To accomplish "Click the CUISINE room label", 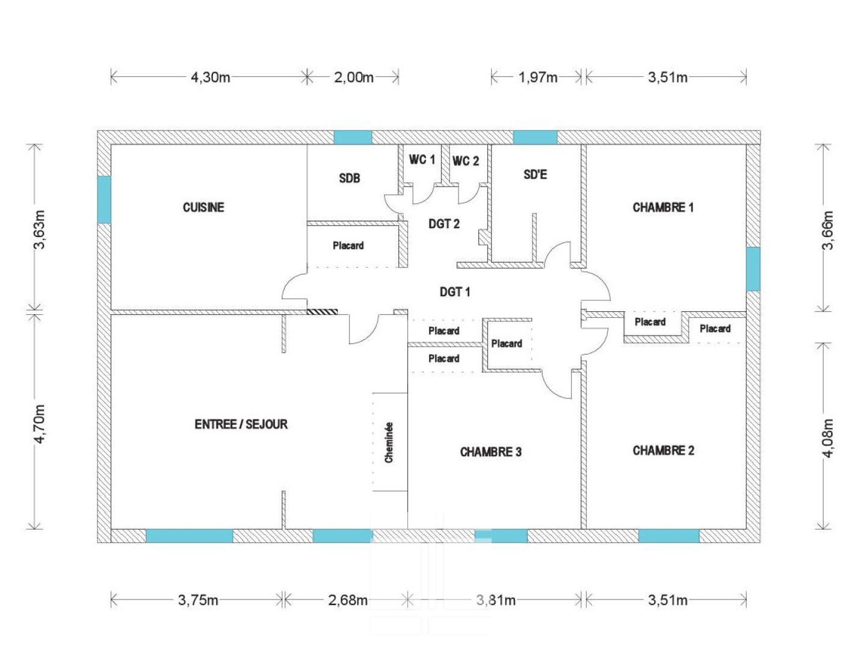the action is [x=203, y=207].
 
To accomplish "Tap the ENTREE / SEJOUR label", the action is [x=241, y=424].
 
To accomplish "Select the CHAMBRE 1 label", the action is [x=663, y=207].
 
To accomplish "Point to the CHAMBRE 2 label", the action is [x=663, y=450].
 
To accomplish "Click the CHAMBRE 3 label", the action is [x=491, y=452].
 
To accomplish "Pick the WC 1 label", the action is [x=422, y=159].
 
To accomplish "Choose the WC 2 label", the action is [x=466, y=161].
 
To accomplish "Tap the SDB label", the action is [x=349, y=179].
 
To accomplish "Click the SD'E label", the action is [x=535, y=175].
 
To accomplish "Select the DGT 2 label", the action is [x=443, y=224].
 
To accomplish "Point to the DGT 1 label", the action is [x=455, y=292].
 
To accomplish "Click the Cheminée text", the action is [x=389, y=442].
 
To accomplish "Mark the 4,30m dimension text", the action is [x=210, y=77].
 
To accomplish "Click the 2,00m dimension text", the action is [x=354, y=77].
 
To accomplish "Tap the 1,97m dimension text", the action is [x=538, y=77].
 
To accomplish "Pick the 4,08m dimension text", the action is [x=828, y=438].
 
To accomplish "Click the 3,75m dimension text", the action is [x=198, y=600].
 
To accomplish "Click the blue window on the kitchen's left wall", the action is [x=104, y=200].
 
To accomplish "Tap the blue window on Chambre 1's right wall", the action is [x=753, y=269].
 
